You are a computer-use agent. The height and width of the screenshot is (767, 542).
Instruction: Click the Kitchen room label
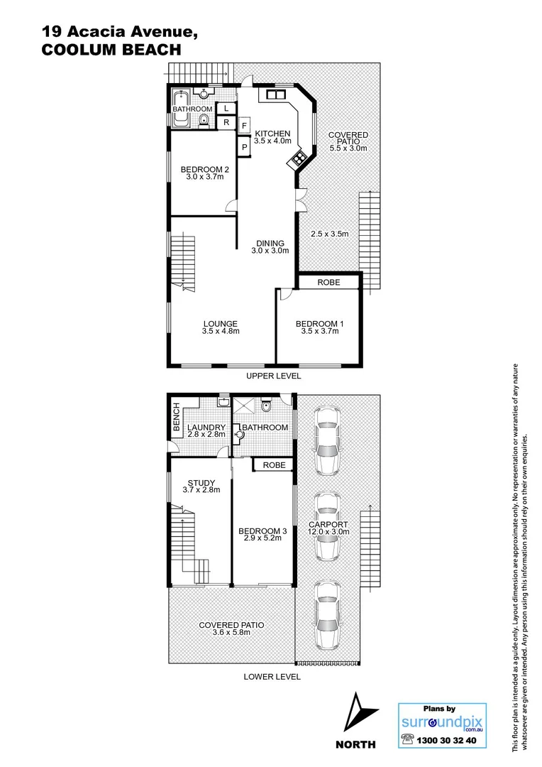click(272, 134)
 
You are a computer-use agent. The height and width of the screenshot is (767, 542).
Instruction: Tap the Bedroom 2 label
click(205, 169)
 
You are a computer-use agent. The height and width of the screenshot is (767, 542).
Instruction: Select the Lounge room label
click(221, 324)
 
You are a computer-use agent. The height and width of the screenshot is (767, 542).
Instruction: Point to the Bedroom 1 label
click(319, 324)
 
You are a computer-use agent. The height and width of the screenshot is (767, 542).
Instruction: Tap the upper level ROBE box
click(328, 282)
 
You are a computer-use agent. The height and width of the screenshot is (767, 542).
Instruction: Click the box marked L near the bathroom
click(226, 108)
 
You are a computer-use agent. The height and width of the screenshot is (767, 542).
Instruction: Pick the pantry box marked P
click(244, 147)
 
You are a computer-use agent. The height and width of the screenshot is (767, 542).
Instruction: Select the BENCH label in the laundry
click(176, 417)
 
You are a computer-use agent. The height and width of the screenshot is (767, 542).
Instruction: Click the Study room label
click(201, 483)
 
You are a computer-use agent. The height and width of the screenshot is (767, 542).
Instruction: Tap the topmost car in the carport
click(327, 440)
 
